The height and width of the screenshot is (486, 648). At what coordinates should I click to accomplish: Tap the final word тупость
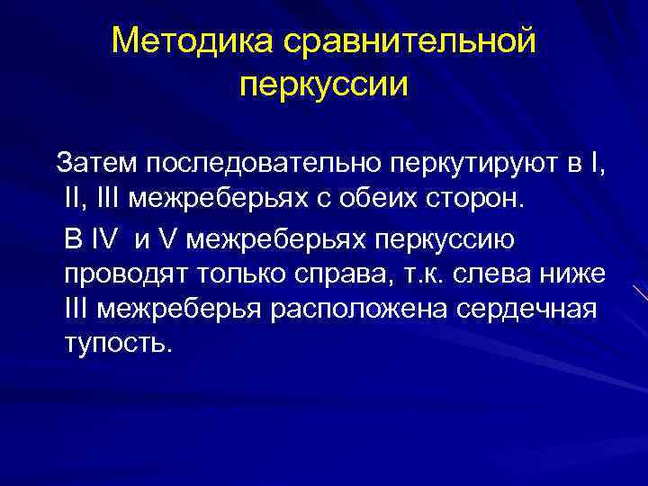point(116,343)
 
